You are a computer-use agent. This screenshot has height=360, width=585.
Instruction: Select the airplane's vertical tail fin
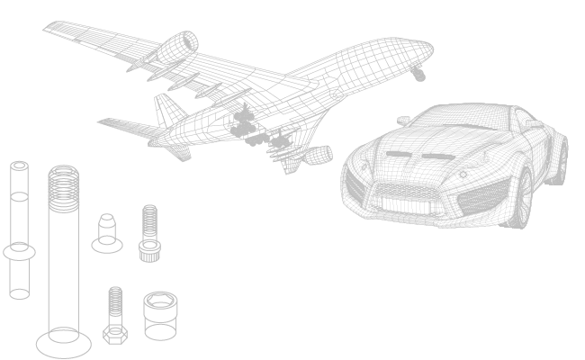167,112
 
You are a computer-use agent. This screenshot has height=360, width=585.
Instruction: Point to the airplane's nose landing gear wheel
418,76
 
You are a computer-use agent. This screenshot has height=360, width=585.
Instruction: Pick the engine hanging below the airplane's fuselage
315,156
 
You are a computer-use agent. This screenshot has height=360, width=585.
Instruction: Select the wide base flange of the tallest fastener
64,343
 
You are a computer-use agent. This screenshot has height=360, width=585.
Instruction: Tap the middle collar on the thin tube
20,251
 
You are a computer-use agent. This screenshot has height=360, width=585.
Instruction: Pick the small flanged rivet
107,232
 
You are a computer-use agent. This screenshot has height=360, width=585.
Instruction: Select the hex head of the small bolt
114,334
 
